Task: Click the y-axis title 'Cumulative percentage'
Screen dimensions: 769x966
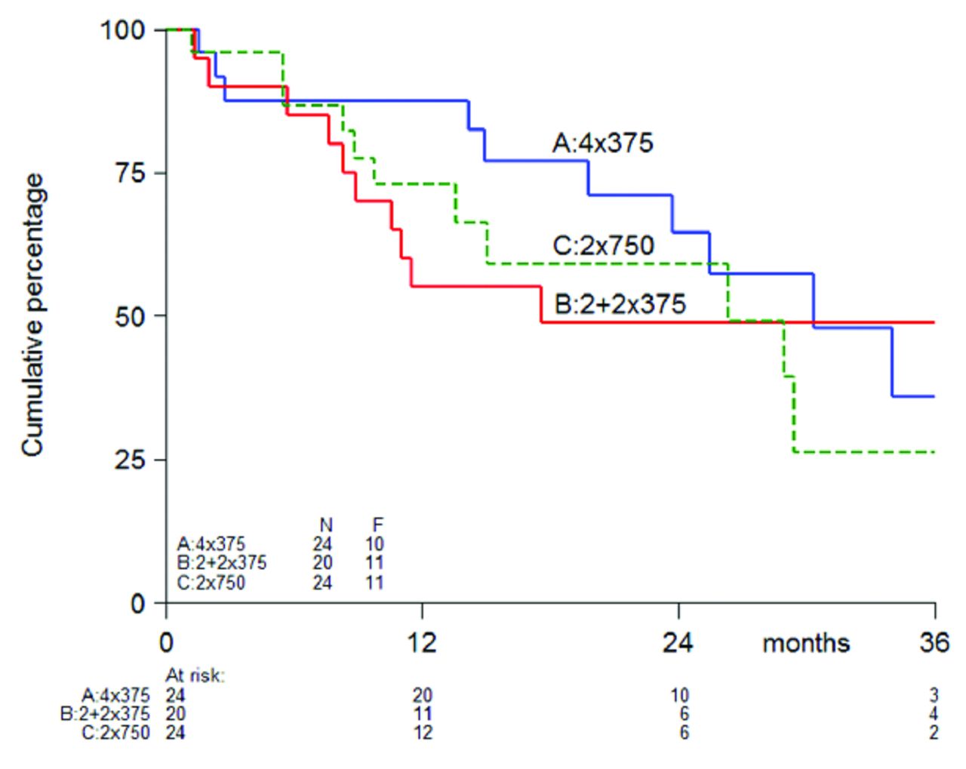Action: pyautogui.click(x=32, y=315)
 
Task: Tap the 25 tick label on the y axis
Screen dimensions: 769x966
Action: pyautogui.click(x=129, y=460)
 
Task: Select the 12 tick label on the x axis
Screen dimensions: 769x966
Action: pyautogui.click(x=422, y=642)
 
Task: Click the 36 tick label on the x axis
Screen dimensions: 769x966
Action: pyautogui.click(x=934, y=642)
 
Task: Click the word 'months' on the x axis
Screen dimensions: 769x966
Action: pyautogui.click(x=805, y=643)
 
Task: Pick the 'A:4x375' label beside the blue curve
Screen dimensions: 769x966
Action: pyautogui.click(x=602, y=143)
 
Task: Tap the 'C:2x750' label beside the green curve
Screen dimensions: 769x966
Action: pyautogui.click(x=603, y=245)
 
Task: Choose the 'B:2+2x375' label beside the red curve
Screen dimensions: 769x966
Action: pyautogui.click(x=620, y=303)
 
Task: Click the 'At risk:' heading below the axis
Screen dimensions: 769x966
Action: pyautogui.click(x=195, y=675)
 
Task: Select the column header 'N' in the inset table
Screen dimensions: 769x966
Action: pyautogui.click(x=325, y=525)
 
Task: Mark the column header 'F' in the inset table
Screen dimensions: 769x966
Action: pyautogui.click(x=377, y=525)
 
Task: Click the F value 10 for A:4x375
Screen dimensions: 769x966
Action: pyautogui.click(x=374, y=543)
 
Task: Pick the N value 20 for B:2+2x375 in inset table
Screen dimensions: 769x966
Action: pyautogui.click(x=322, y=563)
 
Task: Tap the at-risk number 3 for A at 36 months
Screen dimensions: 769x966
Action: pyautogui.click(x=934, y=695)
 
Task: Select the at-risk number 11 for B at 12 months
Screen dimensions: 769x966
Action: pyautogui.click(x=422, y=714)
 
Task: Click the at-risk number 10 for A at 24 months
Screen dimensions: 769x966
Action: pyautogui.click(x=679, y=695)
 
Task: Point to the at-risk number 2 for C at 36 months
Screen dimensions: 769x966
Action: pyautogui.click(x=934, y=733)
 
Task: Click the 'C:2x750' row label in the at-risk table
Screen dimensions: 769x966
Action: pyautogui.click(x=115, y=733)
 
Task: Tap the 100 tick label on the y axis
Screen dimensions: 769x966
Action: pyautogui.click(x=122, y=30)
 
